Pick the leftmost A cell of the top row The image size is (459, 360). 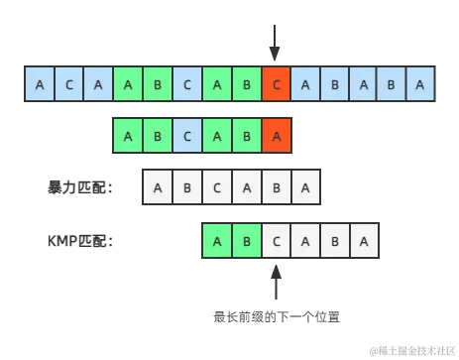(x=39, y=84)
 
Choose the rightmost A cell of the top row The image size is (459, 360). (x=421, y=84)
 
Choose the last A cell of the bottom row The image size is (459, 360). (x=364, y=239)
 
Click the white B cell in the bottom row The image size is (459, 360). (x=334, y=239)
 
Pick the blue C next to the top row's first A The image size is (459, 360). (x=68, y=84)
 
